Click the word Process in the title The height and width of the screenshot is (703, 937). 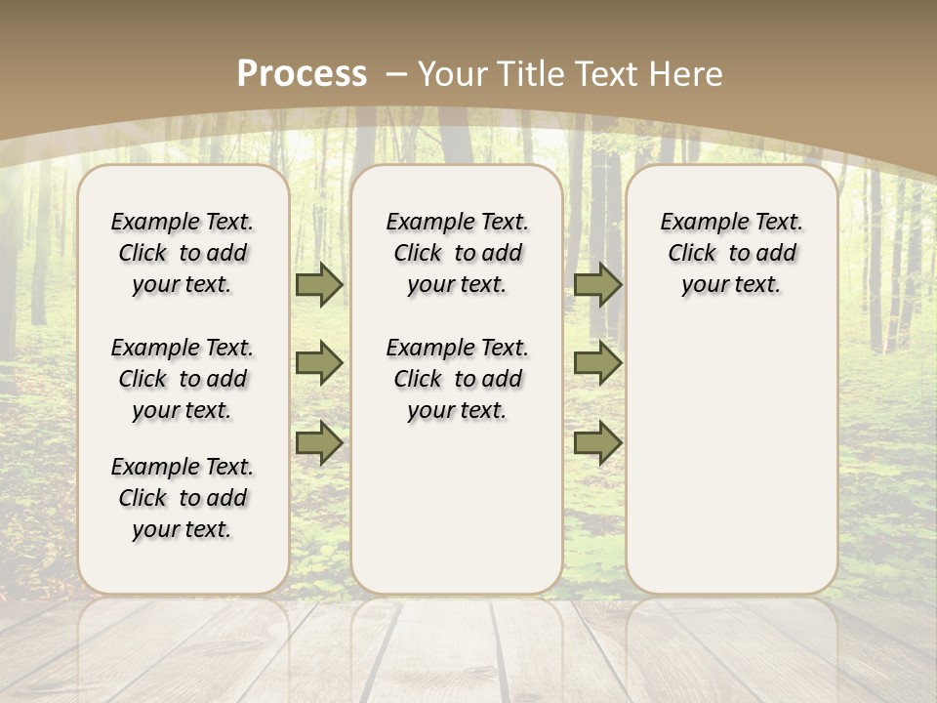pos(302,73)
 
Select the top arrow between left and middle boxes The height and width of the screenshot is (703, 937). pos(319,284)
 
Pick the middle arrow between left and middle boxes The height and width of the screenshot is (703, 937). pos(319,363)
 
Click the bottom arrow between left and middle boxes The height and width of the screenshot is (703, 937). pos(319,443)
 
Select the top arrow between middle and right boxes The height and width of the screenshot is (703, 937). pos(597,284)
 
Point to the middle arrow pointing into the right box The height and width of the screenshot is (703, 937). pos(597,363)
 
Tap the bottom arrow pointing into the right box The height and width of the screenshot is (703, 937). pos(597,443)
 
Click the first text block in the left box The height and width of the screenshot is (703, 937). pos(183,253)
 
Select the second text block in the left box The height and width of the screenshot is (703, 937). pos(183,379)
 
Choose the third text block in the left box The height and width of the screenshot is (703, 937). pos(183,498)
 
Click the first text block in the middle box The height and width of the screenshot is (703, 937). pos(458,253)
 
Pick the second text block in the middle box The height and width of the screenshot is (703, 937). pos(458,379)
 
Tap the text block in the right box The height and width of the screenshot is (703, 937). pos(732,253)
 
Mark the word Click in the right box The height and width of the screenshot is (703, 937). pos(692,254)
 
